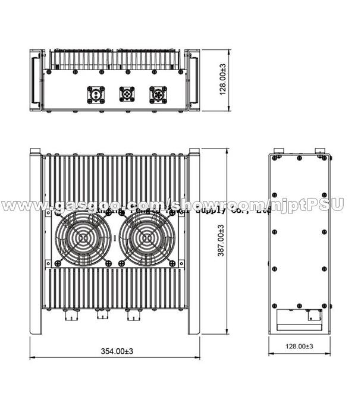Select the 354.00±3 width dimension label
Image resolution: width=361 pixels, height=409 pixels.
(x=116, y=351)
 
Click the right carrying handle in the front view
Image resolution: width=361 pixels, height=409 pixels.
(x=194, y=81)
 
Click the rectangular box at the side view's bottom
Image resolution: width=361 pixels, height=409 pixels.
(x=299, y=322)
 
